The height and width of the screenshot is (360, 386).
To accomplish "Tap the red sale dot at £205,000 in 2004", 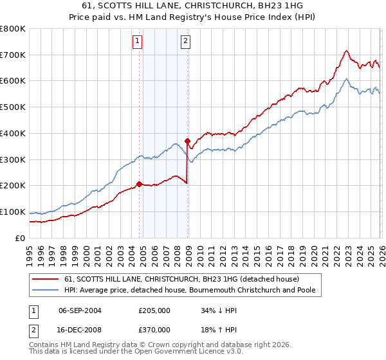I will (x=140, y=184).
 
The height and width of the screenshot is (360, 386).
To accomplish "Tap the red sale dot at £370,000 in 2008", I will (x=187, y=141).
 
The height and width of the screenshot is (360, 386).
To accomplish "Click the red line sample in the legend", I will (x=46, y=279).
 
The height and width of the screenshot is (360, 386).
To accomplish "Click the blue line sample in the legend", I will (x=46, y=291).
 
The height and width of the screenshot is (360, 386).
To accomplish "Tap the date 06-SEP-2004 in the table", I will (x=80, y=310).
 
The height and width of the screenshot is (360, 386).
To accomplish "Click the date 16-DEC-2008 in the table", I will (x=80, y=329).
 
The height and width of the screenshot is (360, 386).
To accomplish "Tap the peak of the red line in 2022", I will (x=346, y=51).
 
